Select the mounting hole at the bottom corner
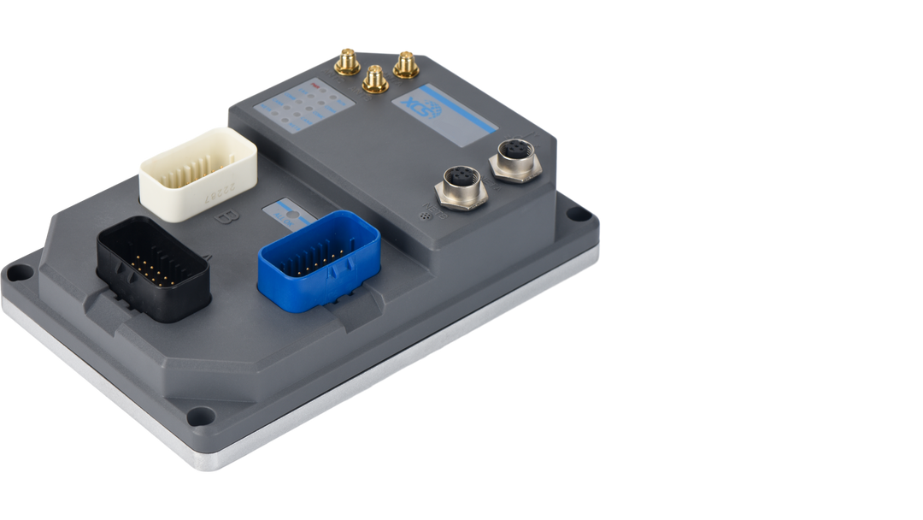[198, 417]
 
